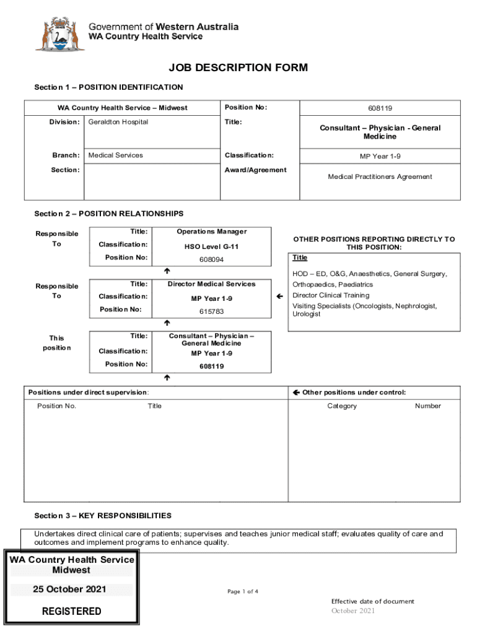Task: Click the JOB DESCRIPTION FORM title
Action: tap(239, 68)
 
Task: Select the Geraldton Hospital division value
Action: tap(118, 122)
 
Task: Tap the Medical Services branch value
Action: tap(116, 155)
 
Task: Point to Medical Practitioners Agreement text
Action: tap(380, 177)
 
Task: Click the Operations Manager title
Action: tap(211, 232)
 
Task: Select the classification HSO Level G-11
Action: tap(211, 246)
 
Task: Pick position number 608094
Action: tap(211, 260)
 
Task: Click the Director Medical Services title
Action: tap(211, 284)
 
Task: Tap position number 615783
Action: tap(211, 312)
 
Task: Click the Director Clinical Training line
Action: tap(331, 295)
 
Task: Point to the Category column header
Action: tap(342, 406)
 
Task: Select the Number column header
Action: tap(428, 406)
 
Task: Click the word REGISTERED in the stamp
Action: tap(71, 612)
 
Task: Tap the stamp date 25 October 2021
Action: tap(69, 589)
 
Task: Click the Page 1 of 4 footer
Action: tap(243, 592)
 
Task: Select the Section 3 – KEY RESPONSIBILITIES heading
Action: tap(103, 516)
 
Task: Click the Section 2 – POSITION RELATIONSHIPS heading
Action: tap(108, 214)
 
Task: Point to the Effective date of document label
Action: tap(372, 601)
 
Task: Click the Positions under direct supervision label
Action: tap(89, 393)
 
